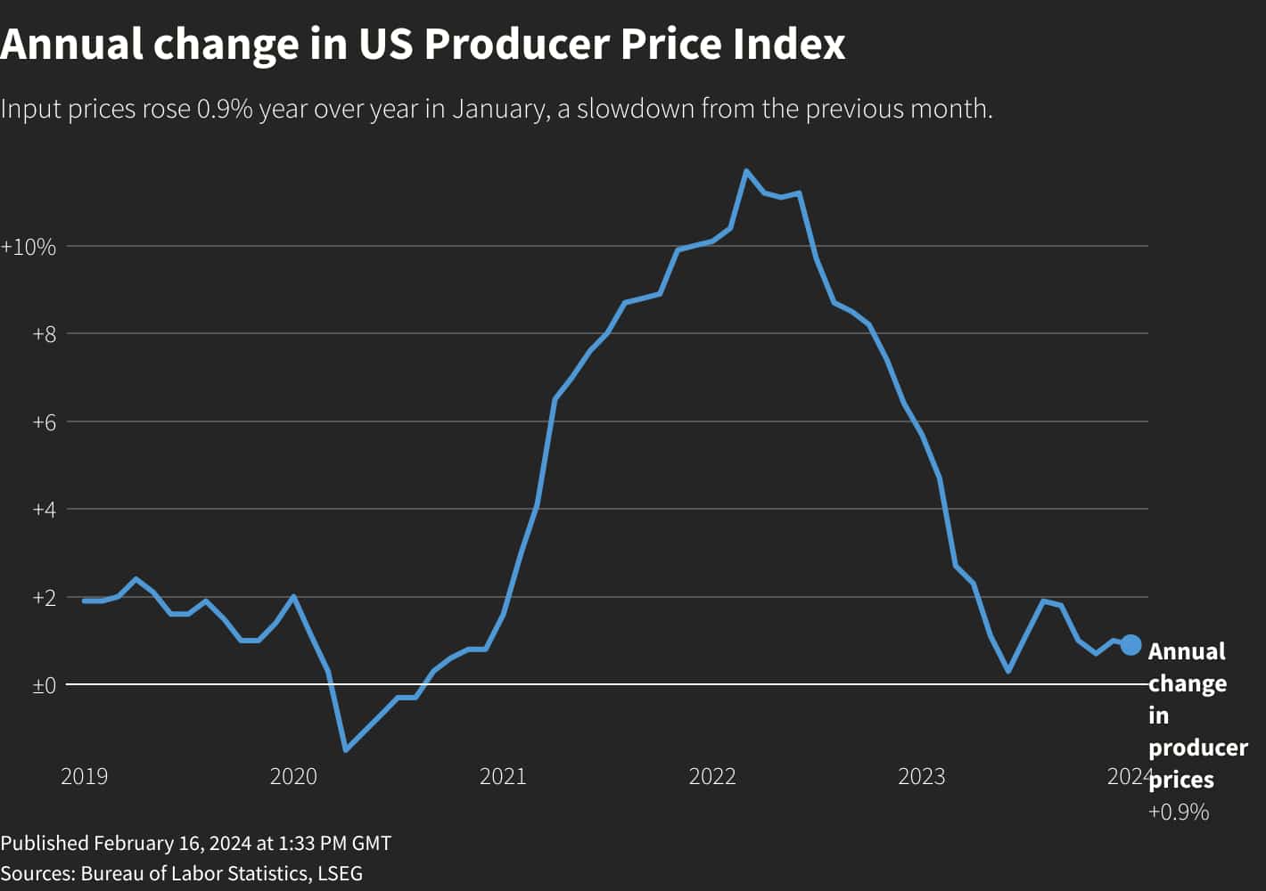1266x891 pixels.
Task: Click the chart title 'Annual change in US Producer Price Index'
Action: pos(423,44)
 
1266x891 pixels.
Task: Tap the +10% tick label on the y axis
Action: pos(29,247)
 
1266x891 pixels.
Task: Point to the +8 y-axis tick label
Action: pos(44,335)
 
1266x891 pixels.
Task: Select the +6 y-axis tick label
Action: pos(44,422)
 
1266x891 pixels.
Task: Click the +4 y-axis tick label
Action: pos(44,510)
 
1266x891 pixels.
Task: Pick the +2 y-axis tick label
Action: pos(44,597)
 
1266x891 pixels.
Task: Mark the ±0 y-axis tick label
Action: pos(44,685)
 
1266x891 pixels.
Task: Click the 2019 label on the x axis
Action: pos(84,777)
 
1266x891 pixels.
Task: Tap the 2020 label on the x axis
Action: pos(293,777)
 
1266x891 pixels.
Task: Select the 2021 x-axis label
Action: pos(503,777)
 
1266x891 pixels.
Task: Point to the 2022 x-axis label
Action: pos(712,777)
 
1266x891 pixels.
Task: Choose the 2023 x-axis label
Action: pos(921,777)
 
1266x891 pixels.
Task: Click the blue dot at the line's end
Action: pos(1130,645)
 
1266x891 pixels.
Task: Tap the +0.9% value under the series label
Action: pos(1178,812)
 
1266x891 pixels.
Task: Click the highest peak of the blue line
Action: pos(746,171)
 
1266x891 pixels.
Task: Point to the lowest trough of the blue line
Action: pos(346,749)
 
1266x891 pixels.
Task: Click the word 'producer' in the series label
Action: pos(1197,748)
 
